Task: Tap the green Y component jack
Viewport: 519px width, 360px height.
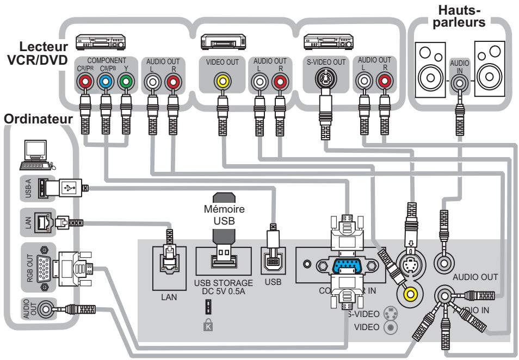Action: pos(126,83)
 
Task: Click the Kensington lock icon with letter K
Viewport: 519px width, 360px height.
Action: pos(223,327)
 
